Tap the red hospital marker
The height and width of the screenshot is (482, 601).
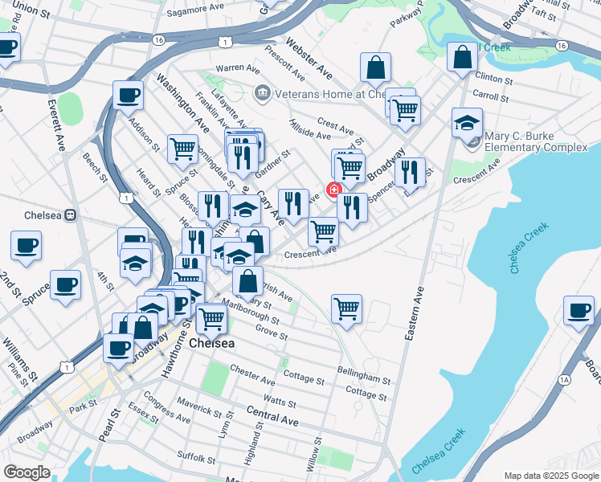point(333,189)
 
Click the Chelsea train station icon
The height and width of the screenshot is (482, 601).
point(71,214)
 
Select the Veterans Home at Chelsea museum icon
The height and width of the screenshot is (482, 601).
point(262,94)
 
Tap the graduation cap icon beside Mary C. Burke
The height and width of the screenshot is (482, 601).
point(467,123)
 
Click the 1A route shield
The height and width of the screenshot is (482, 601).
point(564,378)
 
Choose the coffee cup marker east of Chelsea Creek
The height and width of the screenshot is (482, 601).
point(579,311)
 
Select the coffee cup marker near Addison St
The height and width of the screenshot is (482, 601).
point(129,96)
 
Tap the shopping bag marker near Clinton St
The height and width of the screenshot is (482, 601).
point(463,57)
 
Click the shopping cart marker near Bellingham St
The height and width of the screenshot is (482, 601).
point(346,308)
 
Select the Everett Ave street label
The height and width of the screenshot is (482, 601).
point(58,125)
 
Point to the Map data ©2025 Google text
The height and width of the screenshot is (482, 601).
point(550,475)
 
